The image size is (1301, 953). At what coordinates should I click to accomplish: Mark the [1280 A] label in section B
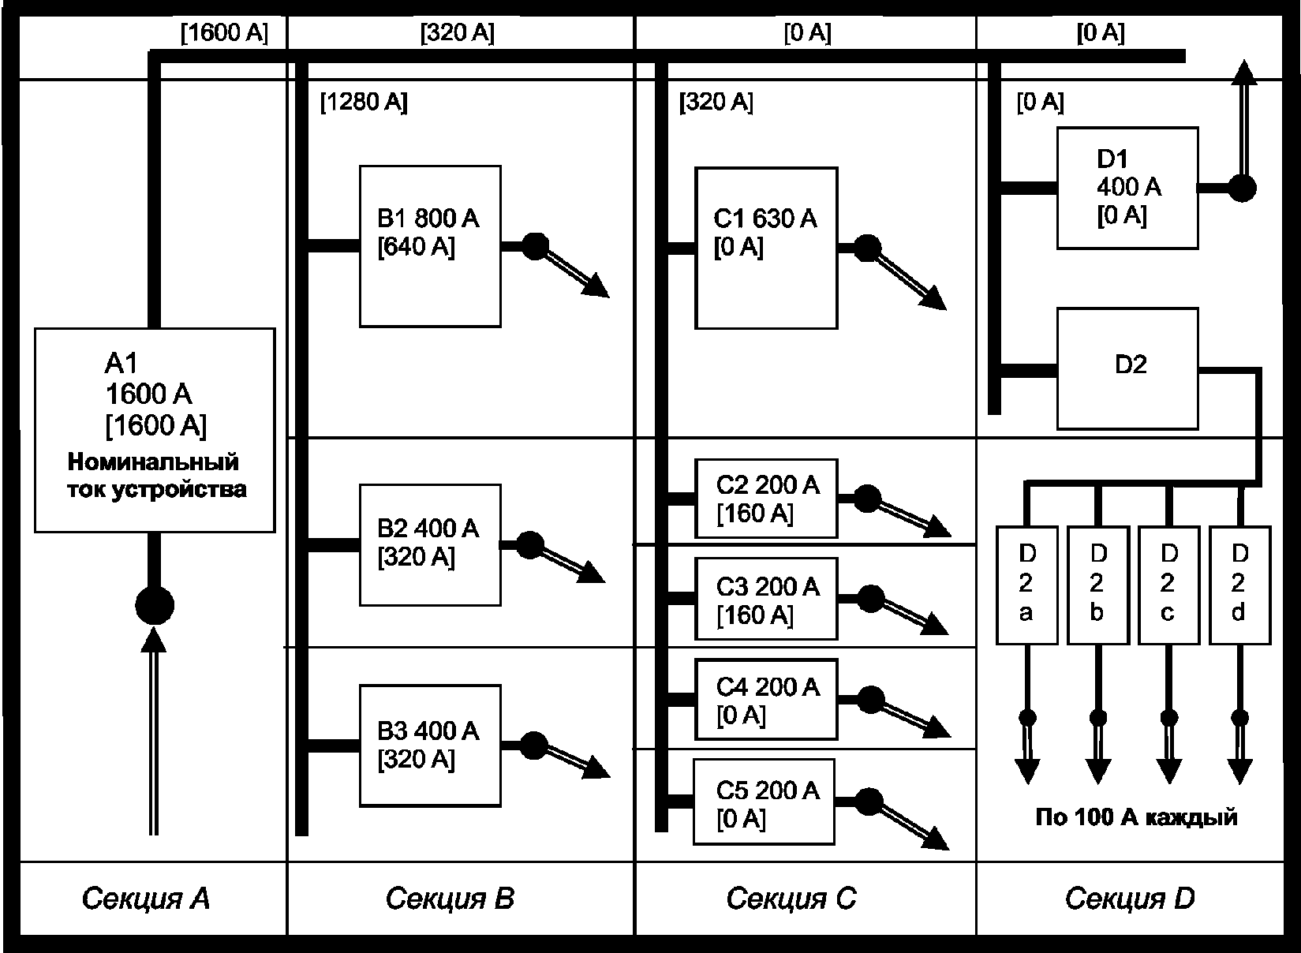click(365, 103)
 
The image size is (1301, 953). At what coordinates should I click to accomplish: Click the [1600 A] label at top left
click(225, 32)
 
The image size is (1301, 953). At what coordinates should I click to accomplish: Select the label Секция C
click(791, 899)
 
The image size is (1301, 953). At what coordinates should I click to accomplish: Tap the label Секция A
click(145, 899)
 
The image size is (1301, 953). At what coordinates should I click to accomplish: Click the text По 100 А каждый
click(1136, 817)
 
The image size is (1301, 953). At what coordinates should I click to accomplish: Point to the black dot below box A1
click(155, 606)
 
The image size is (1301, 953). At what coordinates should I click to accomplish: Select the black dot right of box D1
click(1243, 189)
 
